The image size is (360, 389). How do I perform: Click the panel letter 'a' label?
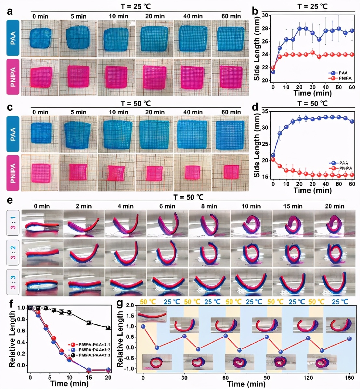click(10, 11)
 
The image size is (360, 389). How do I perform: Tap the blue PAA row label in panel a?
click(13, 38)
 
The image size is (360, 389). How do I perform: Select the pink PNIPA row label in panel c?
click(13, 173)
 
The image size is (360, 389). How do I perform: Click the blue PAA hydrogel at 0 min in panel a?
click(40, 38)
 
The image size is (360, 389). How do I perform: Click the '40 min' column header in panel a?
click(193, 16)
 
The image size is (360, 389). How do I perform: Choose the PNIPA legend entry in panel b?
click(341, 78)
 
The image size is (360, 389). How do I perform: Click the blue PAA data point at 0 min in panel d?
click(273, 155)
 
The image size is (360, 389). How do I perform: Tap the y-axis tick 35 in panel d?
click(265, 111)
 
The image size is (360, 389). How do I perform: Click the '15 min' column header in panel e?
click(292, 206)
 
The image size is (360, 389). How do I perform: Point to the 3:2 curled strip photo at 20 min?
click(334, 253)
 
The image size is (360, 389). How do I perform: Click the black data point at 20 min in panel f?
click(109, 328)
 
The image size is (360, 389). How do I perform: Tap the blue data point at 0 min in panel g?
click(143, 326)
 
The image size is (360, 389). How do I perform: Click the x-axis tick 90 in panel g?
click(267, 378)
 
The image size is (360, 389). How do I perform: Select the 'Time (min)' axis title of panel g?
click(246, 384)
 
